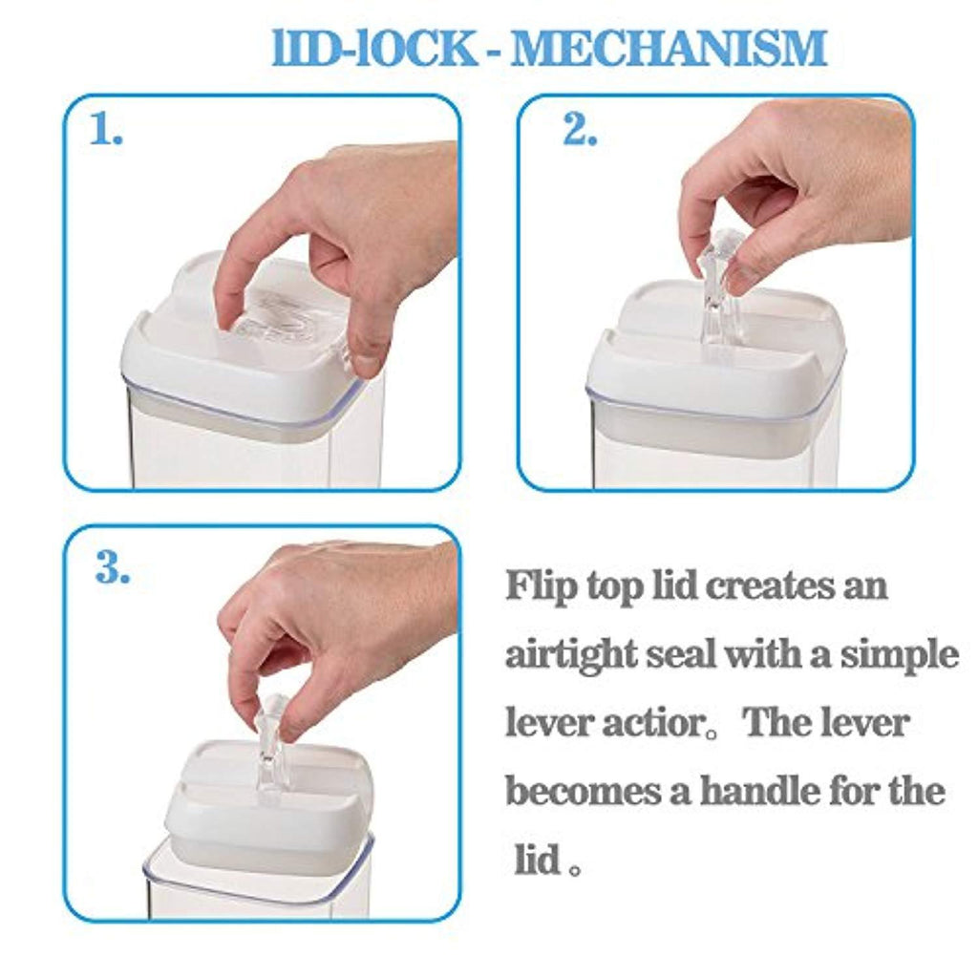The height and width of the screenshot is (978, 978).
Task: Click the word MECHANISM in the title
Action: [669, 49]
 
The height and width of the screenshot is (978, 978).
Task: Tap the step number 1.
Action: [106, 129]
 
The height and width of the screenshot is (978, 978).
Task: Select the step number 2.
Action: [580, 129]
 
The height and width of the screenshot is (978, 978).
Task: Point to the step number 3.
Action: [113, 567]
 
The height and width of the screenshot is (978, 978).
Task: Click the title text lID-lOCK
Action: [374, 49]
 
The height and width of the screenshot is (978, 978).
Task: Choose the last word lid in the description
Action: [538, 860]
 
